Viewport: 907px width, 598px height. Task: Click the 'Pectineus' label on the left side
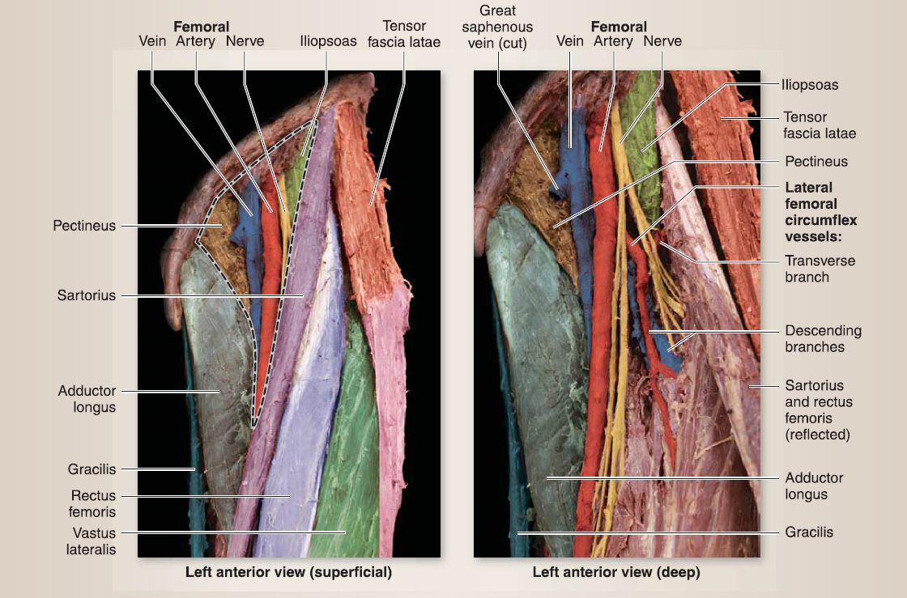pos(84,226)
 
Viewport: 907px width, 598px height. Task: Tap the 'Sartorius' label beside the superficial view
pos(86,295)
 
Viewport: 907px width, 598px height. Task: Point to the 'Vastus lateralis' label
pos(91,541)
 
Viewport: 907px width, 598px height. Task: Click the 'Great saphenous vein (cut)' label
pos(498,28)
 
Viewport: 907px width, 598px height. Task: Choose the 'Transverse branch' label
pos(820,269)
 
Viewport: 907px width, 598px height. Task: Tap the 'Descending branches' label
pos(823,338)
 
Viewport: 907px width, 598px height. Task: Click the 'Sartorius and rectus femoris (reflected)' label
pos(818,409)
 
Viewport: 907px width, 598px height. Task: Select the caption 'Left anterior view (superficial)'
pos(289,573)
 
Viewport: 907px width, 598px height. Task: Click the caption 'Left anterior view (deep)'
pos(616,573)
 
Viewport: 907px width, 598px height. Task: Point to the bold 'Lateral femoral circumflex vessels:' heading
pos(820,212)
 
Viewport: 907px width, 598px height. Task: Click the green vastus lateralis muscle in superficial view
pos(356,453)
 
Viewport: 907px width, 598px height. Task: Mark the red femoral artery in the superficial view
pos(269,307)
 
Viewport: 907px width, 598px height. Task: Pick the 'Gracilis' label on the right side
pos(809,532)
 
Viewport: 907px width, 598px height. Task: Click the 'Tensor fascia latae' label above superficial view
pos(404,33)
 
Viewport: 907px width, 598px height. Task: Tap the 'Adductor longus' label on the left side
pos(87,399)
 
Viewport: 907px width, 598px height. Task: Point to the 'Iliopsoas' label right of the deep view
pos(810,84)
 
